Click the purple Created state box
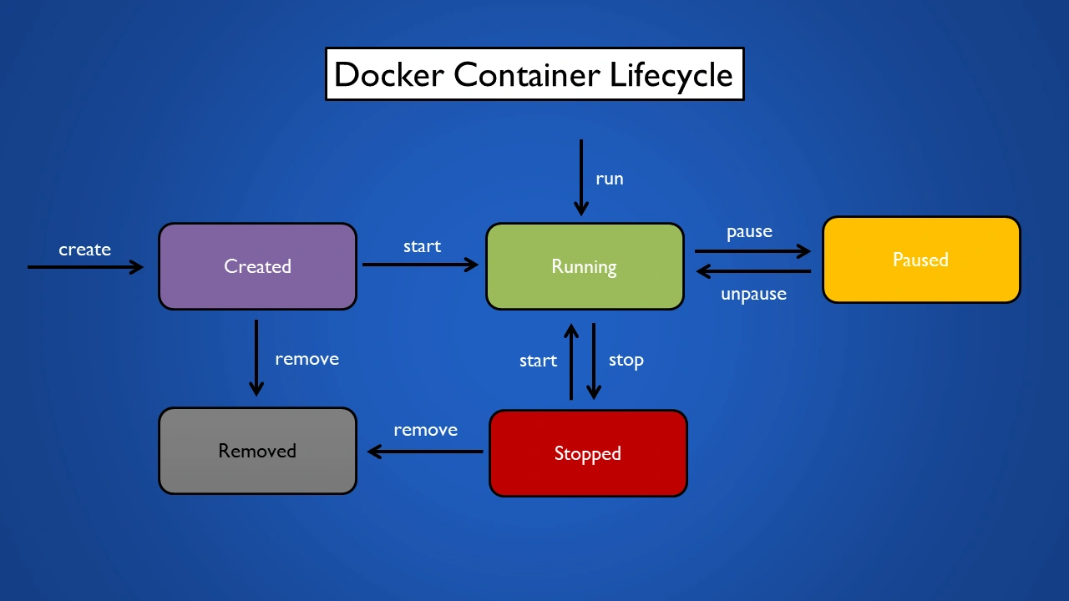point(257,266)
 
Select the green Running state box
point(585,266)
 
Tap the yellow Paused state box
point(920,260)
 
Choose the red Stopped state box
point(588,453)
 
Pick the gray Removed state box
point(257,451)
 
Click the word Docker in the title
point(389,75)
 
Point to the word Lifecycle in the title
point(671,75)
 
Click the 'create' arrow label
point(84,250)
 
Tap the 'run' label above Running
point(609,179)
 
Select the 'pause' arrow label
point(749,231)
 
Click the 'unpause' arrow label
point(753,294)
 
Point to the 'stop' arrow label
point(626,361)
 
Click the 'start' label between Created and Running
point(422,246)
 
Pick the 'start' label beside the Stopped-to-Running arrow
point(538,361)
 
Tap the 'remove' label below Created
point(307,359)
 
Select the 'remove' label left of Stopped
point(425,430)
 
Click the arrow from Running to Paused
point(752,250)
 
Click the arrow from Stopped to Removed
point(425,452)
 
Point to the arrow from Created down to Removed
point(256,357)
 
